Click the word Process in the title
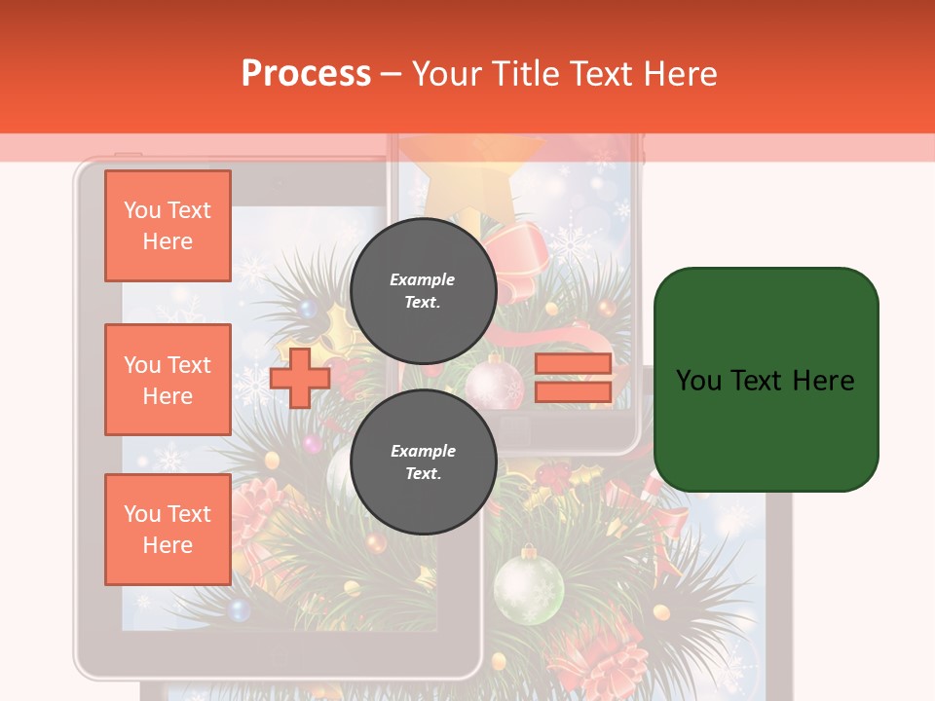(306, 73)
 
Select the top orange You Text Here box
(168, 226)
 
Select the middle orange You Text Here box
(168, 380)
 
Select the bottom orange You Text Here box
(168, 530)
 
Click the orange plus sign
(300, 377)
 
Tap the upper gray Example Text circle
(423, 291)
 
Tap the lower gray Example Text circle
(423, 462)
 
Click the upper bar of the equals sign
(573, 364)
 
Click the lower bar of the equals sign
(573, 392)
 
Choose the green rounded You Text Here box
(766, 380)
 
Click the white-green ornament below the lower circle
(528, 584)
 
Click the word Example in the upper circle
(423, 279)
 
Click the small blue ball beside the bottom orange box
(238, 610)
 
